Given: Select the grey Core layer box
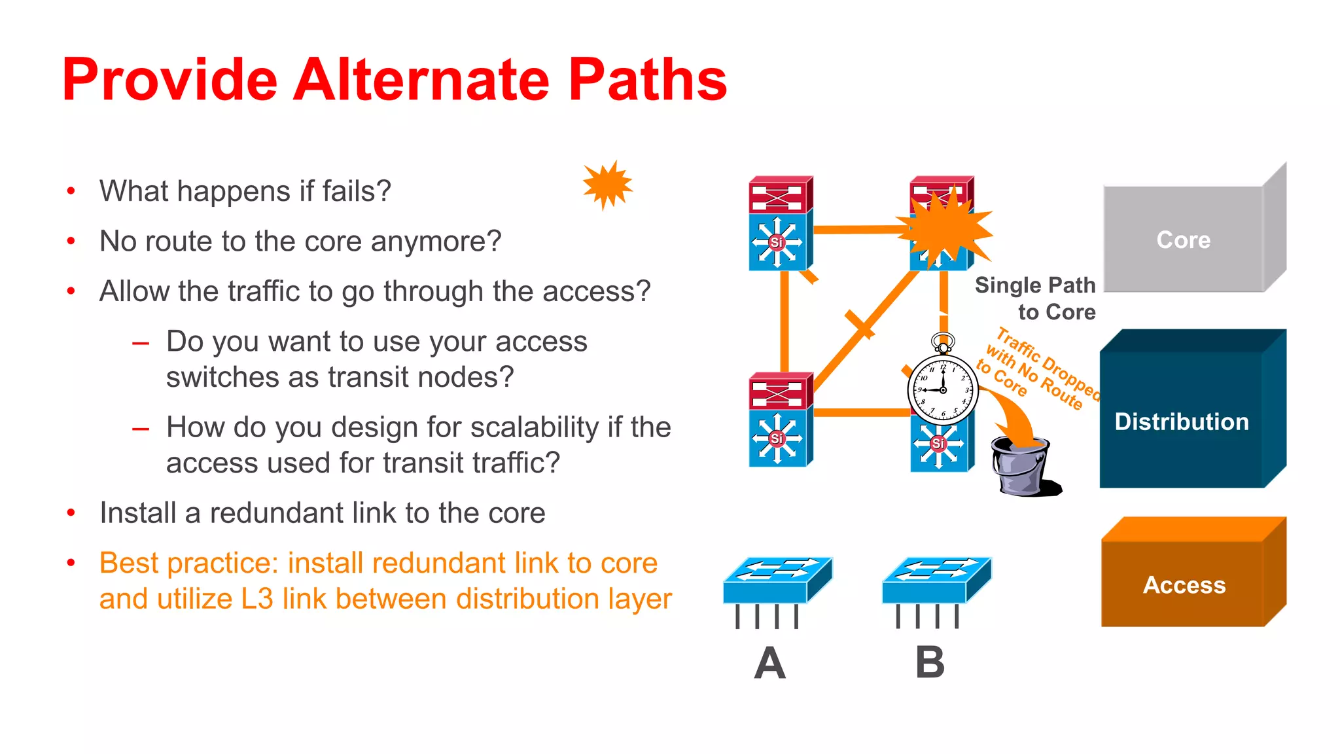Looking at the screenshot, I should point(1183,239).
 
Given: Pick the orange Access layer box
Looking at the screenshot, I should point(1184,583).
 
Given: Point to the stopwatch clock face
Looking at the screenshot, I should point(943,390).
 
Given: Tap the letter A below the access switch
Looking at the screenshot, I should point(769,663).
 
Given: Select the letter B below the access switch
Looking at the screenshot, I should point(930,663).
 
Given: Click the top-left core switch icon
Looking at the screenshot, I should point(779,223).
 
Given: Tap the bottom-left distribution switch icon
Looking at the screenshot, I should point(779,420).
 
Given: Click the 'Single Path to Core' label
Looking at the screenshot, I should point(1036,298).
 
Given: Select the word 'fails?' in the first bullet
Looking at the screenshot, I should point(357,191).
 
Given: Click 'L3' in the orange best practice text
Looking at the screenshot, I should point(257,599).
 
